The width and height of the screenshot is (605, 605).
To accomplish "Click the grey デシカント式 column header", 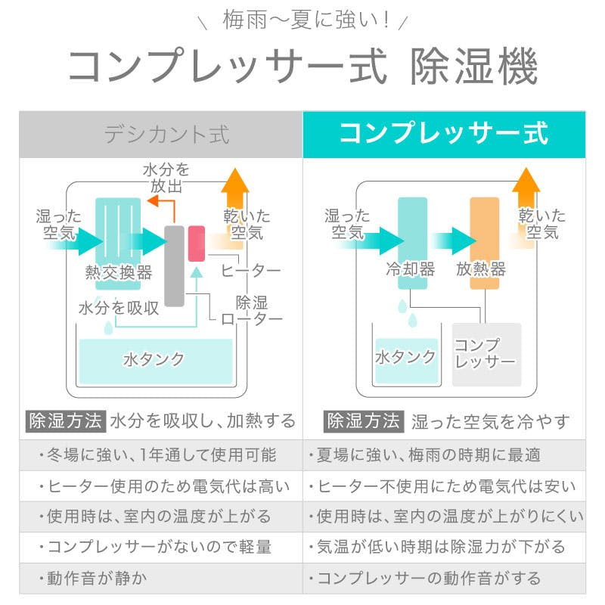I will (x=161, y=135).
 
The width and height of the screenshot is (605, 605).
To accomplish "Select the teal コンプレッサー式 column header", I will (x=444, y=135).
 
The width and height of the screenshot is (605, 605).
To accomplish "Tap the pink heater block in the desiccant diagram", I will (x=197, y=243).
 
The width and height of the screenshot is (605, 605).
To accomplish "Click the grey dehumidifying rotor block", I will (x=175, y=265).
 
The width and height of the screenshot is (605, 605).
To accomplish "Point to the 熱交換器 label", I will (x=119, y=273).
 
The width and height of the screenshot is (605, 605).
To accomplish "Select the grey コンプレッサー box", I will (x=486, y=354).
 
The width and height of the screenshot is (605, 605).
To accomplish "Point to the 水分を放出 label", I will (x=166, y=178).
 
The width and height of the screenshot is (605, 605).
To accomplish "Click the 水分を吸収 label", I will (x=118, y=309).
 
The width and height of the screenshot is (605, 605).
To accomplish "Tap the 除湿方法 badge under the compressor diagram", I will (x=363, y=421).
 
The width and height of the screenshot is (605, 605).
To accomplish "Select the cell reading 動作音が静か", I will (x=161, y=579).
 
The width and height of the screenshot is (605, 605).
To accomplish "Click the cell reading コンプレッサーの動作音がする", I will (x=444, y=579).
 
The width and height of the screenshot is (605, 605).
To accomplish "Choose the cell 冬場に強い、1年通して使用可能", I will (x=161, y=455).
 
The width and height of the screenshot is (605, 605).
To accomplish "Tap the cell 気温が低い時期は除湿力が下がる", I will (x=444, y=547).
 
